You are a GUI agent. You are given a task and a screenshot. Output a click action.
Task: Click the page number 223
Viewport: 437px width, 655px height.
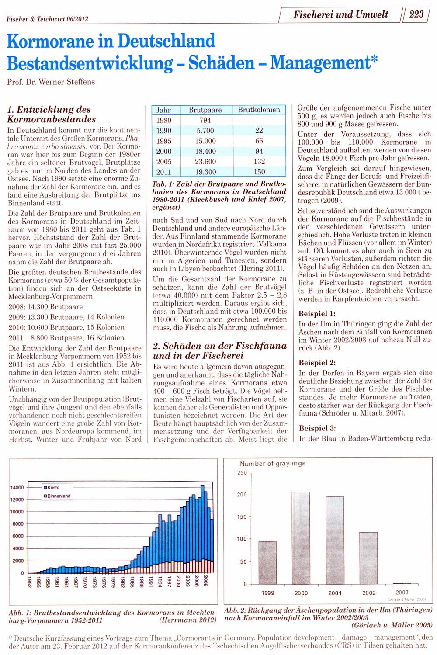click(x=416, y=14)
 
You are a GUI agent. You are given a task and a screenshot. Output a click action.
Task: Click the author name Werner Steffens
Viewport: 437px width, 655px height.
click(x=66, y=82)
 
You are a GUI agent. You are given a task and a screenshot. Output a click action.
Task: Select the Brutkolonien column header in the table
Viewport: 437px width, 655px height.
click(x=259, y=110)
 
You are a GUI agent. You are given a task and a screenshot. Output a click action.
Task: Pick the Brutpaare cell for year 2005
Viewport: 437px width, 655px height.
click(x=205, y=162)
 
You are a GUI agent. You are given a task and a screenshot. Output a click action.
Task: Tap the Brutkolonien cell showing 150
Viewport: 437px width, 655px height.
click(x=259, y=172)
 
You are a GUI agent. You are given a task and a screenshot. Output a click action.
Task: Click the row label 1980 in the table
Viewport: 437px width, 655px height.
click(x=164, y=120)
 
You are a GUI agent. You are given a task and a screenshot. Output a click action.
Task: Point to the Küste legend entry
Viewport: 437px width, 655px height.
click(x=53, y=487)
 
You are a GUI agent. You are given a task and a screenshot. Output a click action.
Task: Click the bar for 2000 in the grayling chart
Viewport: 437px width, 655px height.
click(x=301, y=537)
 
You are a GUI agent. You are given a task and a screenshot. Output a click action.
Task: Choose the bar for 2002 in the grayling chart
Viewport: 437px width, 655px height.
click(x=368, y=558)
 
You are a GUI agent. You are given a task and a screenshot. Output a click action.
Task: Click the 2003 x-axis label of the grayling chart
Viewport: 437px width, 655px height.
click(x=402, y=593)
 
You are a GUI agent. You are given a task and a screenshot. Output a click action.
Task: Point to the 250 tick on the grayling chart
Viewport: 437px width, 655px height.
click(x=242, y=473)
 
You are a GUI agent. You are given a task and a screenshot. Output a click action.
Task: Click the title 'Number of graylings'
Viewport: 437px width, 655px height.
click(x=273, y=463)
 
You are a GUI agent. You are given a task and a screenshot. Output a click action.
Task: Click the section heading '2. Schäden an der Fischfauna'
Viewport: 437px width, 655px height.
click(x=220, y=346)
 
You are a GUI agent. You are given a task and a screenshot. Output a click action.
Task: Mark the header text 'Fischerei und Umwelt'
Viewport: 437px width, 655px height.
click(x=340, y=14)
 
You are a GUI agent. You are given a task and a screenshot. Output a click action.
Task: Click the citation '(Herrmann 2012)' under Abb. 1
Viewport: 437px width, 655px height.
click(x=187, y=620)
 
